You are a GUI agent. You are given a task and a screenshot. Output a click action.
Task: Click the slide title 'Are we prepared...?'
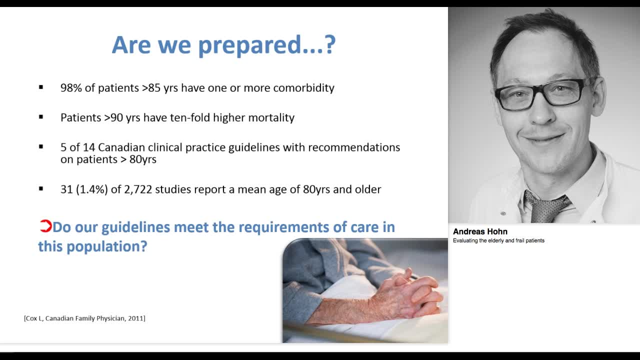pos(223,45)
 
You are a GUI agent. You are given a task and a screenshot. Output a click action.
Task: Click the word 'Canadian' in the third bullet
pos(119,147)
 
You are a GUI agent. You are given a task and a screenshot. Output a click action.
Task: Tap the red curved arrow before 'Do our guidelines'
pos(45,226)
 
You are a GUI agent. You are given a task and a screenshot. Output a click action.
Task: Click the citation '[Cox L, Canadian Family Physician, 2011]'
pos(84,318)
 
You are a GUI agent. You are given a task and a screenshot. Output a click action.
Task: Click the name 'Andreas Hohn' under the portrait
pos(480,231)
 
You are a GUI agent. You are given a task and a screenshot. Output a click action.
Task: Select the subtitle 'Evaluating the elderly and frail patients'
pos(498,240)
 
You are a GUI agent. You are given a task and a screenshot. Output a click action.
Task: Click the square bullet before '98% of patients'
pos(41,87)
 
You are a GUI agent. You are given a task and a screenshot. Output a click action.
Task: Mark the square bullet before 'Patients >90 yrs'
pos(41,117)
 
